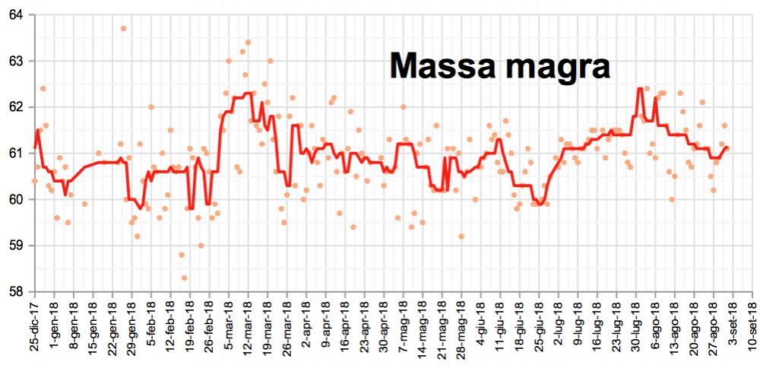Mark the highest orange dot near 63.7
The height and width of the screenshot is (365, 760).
(124, 29)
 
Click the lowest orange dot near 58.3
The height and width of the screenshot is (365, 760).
(184, 278)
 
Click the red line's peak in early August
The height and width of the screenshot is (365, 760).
(640, 89)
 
